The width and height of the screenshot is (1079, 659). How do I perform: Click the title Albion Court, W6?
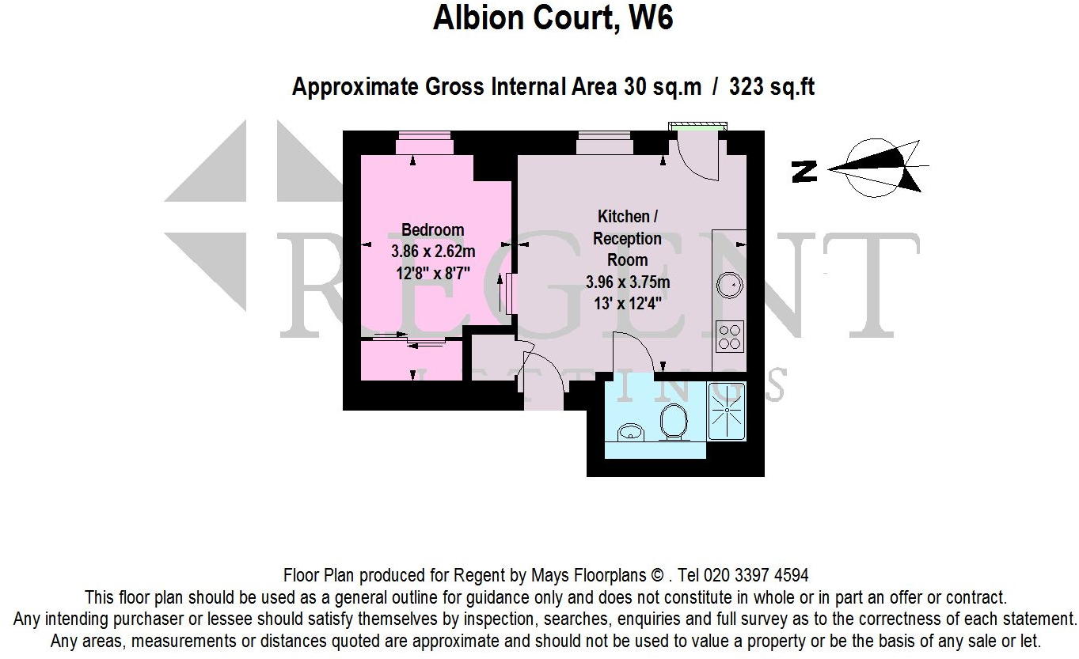click(553, 17)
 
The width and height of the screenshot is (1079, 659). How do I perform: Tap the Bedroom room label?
click(432, 230)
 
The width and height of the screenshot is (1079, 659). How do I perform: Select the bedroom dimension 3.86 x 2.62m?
click(433, 252)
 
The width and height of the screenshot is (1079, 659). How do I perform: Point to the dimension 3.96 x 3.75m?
click(628, 282)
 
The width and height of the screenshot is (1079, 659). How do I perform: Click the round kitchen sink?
click(728, 282)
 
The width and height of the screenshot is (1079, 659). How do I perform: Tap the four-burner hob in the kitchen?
click(728, 336)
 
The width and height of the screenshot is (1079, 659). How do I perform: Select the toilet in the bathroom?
click(672, 422)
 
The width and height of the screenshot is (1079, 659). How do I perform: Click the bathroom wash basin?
click(630, 431)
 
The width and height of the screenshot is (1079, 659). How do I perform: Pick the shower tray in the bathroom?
click(726, 411)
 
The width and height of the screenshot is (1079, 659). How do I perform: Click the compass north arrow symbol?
click(879, 168)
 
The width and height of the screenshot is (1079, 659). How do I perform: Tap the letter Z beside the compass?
click(804, 172)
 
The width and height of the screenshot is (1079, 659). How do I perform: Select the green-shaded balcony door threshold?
click(697, 125)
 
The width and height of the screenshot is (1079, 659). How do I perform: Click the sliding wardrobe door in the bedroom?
click(410, 339)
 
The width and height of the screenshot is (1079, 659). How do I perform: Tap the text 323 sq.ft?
click(771, 85)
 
